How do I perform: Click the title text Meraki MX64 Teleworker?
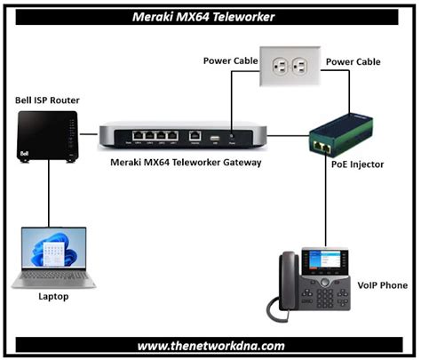[210, 15]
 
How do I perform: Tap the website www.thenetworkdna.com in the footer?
[210, 345]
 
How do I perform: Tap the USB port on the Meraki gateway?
[213, 137]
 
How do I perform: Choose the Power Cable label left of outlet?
[230, 61]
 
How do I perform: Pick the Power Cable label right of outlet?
[353, 61]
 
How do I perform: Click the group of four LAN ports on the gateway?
[154, 137]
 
